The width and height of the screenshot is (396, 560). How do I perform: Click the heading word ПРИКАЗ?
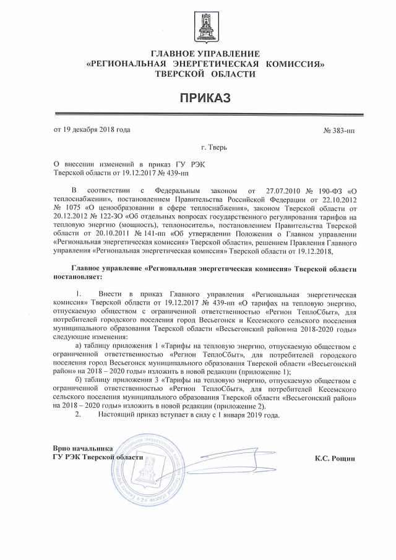tap(205, 97)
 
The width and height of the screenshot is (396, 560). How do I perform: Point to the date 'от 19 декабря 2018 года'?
tap(92, 130)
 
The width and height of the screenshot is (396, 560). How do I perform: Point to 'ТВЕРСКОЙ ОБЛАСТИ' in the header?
tap(205, 74)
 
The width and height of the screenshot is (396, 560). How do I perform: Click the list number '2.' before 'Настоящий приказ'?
tap(78, 415)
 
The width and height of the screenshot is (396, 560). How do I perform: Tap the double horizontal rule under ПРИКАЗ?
tap(205, 113)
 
